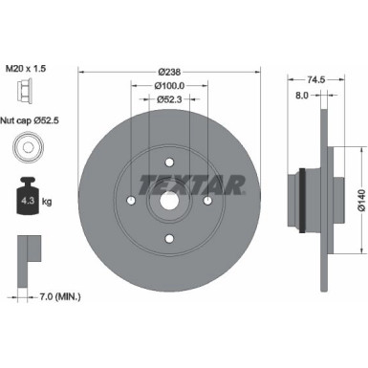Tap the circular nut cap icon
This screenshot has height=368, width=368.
point(28,149)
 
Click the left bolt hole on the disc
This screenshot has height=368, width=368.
point(130,201)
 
